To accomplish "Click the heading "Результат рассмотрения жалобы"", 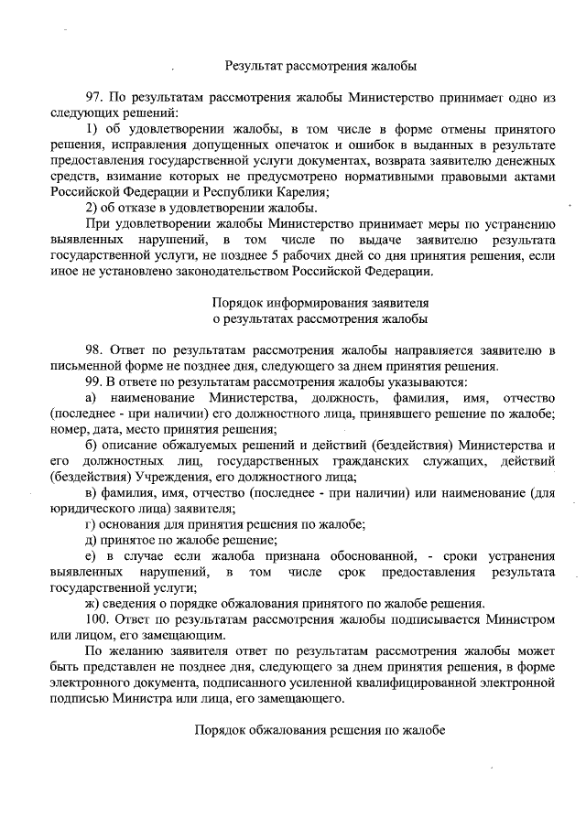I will click(320, 66).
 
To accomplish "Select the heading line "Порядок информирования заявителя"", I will click(320, 302).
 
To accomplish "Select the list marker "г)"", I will click(90, 523).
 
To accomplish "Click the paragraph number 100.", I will click(96, 619).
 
